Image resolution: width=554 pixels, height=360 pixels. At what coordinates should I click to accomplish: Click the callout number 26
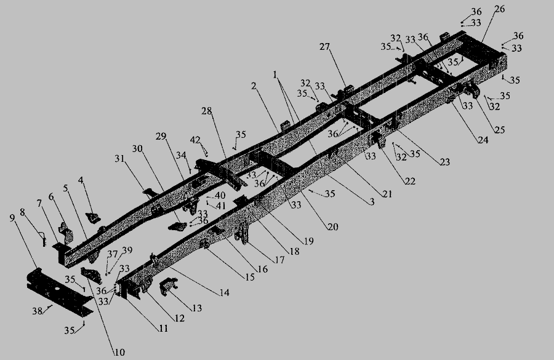(x=500, y=9)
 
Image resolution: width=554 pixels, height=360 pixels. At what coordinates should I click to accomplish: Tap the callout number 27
(x=324, y=47)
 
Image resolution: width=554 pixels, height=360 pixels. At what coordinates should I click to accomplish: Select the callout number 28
(x=207, y=111)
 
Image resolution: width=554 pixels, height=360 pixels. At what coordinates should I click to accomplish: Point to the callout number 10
(x=120, y=352)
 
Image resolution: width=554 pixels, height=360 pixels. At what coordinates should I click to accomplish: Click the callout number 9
(x=12, y=218)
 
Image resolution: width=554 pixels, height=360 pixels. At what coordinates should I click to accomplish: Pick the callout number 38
(x=38, y=311)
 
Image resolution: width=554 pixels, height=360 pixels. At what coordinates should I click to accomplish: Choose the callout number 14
(x=224, y=292)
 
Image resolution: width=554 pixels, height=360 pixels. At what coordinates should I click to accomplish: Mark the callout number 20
(x=333, y=226)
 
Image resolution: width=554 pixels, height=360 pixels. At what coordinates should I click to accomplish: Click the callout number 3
(x=371, y=201)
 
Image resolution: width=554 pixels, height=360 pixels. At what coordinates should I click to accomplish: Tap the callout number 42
(x=195, y=140)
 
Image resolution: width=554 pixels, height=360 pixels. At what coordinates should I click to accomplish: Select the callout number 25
(x=500, y=130)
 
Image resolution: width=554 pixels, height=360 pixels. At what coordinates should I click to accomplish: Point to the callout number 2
(x=254, y=86)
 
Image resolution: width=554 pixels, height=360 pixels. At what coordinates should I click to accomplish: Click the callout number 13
(x=197, y=308)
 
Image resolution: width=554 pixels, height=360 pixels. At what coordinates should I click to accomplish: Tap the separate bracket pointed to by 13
(x=168, y=286)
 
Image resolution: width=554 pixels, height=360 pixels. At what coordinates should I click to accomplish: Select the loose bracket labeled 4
(x=93, y=218)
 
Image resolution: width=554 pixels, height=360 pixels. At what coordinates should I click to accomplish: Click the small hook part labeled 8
(x=44, y=239)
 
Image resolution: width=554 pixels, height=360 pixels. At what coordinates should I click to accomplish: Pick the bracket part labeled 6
(x=66, y=232)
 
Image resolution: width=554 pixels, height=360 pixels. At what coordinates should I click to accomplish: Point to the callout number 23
(x=445, y=162)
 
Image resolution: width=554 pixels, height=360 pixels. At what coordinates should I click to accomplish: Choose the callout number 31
(x=120, y=159)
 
